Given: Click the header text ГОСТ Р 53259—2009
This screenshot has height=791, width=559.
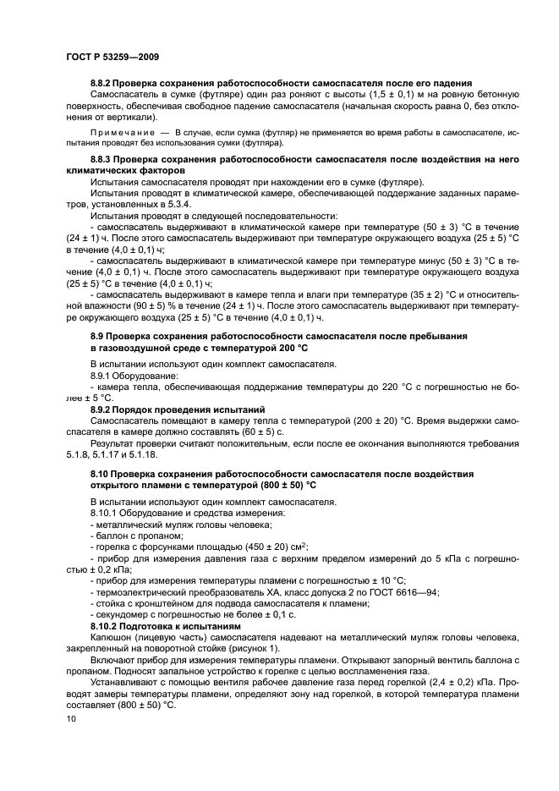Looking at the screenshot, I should (x=112, y=57).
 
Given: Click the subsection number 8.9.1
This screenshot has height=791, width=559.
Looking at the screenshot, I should (x=104, y=375).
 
